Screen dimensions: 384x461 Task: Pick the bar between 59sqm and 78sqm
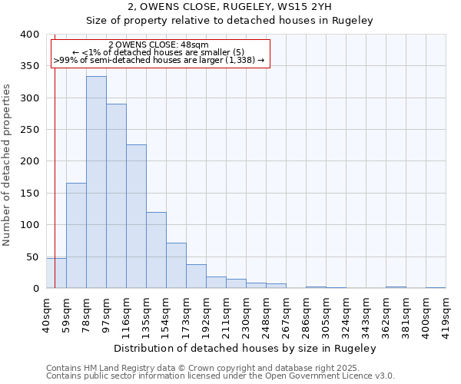(x=76, y=235)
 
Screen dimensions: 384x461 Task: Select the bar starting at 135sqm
(x=156, y=250)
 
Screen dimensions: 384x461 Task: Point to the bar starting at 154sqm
(x=176, y=266)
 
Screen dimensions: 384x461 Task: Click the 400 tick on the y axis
(x=29, y=35)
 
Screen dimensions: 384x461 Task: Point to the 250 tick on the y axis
(x=29, y=130)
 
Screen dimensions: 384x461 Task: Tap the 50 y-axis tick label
(x=32, y=257)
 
